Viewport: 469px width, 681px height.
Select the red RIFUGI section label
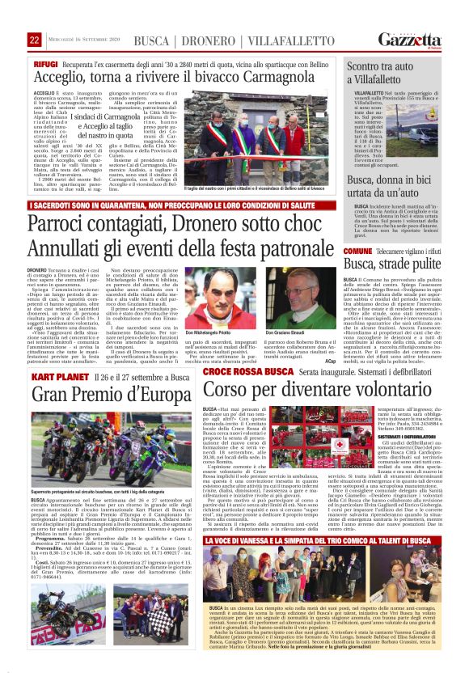45,63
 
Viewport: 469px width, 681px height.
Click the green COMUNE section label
358,252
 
